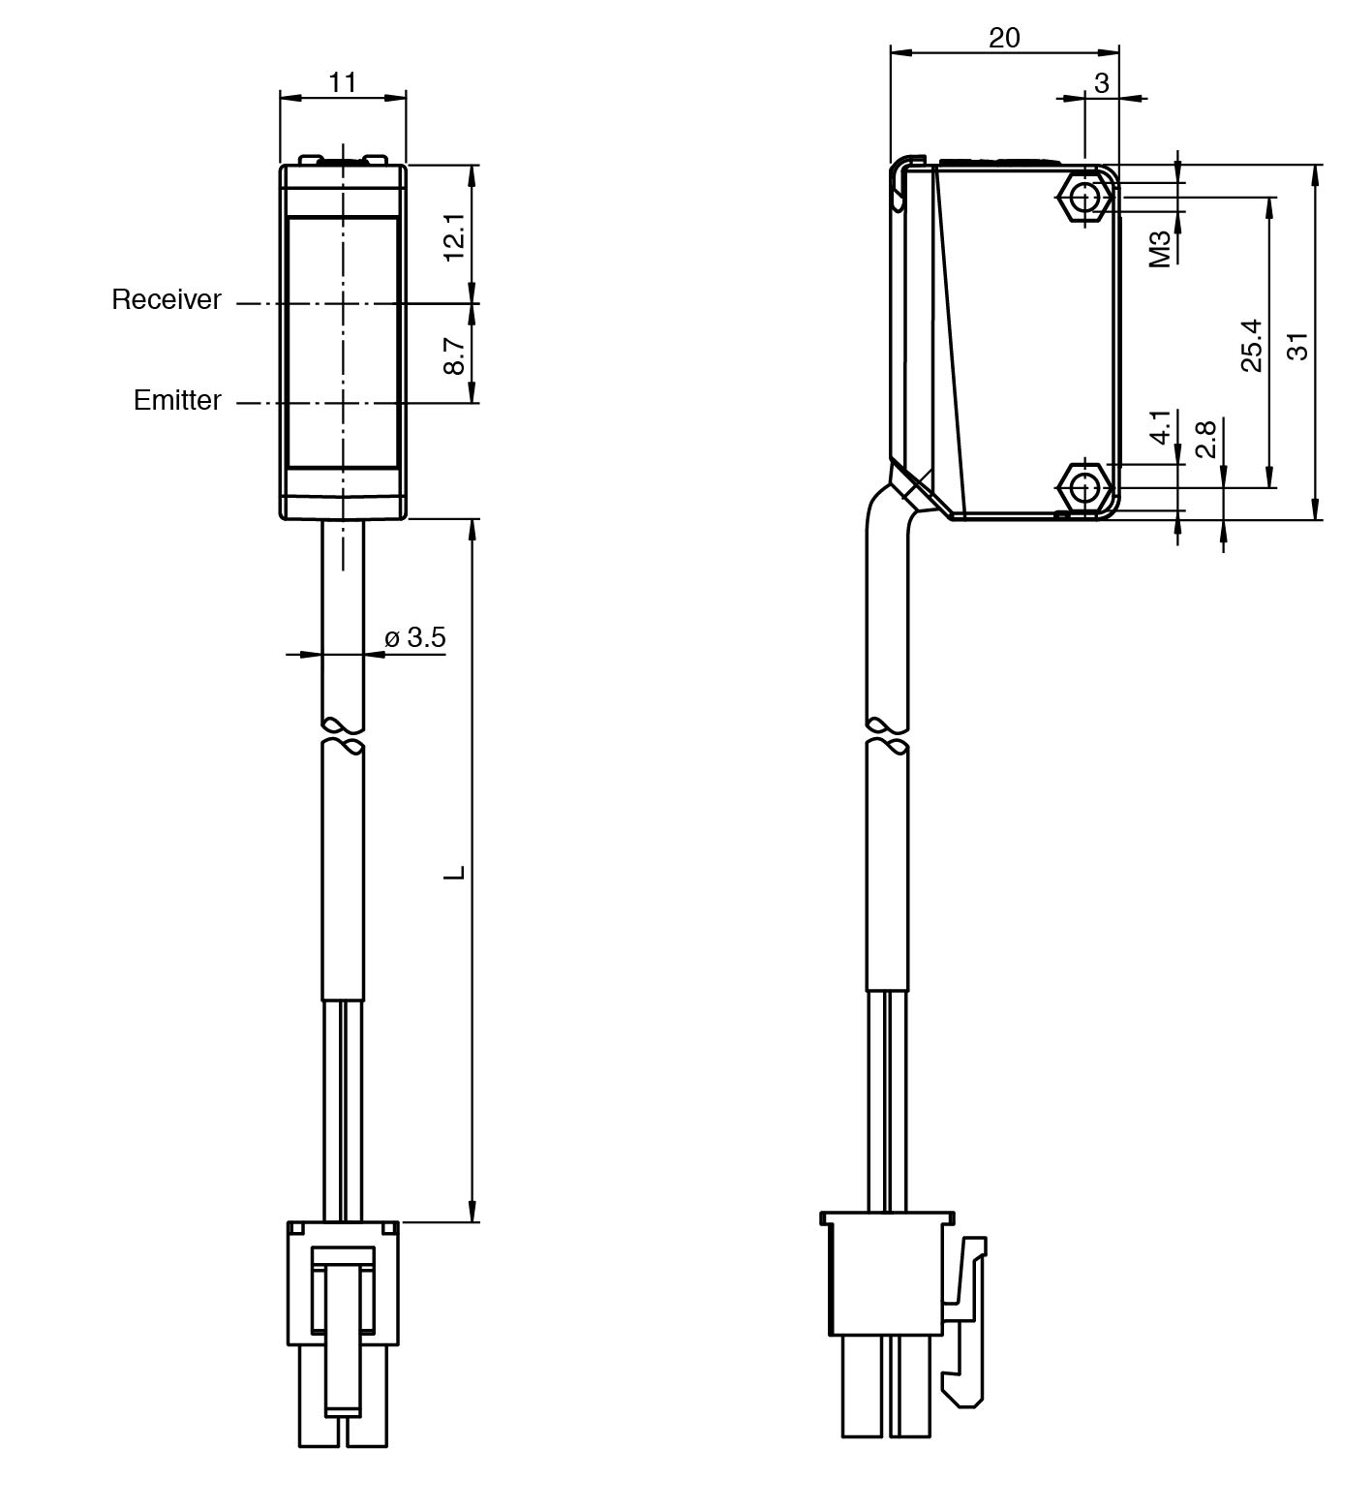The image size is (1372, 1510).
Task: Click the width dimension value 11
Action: pos(342,82)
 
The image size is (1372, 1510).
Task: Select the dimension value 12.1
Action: pos(455,236)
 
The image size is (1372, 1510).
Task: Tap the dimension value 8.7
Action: pos(455,354)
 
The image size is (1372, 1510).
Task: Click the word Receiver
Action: pos(167,300)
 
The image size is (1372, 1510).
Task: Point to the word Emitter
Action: pos(177,400)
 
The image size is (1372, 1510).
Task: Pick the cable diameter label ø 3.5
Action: pos(415,637)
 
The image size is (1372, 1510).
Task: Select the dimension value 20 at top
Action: pos(1004,38)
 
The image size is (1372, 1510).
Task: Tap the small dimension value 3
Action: pos(1102,84)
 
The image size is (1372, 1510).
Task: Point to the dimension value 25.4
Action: pos(1252,345)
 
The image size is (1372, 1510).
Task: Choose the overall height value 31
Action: pos(1298,345)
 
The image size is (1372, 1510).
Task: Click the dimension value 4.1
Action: pos(1161,426)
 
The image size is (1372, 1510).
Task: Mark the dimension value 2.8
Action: pos(1205,439)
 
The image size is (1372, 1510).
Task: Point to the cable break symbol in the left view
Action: pos(344,736)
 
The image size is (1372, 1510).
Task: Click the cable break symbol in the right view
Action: pos(888,736)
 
